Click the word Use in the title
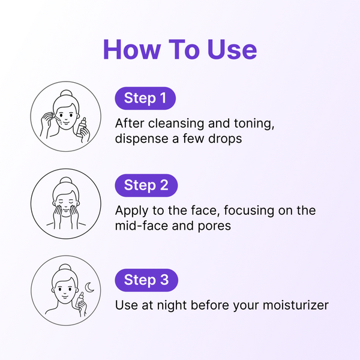(232, 49)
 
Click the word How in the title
(132, 49)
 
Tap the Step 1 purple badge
(145, 98)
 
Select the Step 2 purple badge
(146, 185)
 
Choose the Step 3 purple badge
(146, 280)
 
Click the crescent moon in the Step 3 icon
(89, 287)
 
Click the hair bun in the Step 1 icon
(67, 94)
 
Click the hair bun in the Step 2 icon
(66, 181)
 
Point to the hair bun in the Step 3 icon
(65, 268)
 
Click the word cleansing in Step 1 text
(176, 124)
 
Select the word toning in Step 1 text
(254, 124)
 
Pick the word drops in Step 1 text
(225, 139)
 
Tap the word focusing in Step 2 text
(249, 211)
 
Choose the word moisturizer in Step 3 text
(296, 305)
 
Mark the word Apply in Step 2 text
(132, 211)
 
